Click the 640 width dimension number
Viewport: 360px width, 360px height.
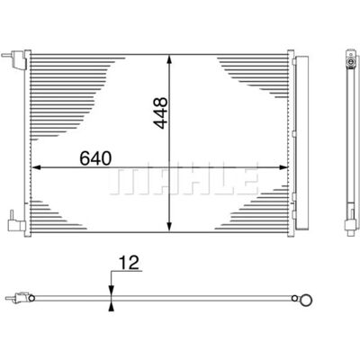pyautogui.click(x=95, y=158)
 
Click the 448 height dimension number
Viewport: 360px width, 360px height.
pyautogui.click(x=160, y=113)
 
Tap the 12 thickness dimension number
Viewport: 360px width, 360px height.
pyautogui.click(x=130, y=263)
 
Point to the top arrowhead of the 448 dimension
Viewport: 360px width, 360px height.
pyautogui.click(x=169, y=59)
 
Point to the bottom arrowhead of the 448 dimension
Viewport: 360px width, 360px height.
pyautogui.click(x=169, y=227)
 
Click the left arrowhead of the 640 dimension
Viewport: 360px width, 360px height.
pyautogui.click(x=36, y=167)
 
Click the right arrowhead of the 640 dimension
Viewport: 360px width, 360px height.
pyautogui.click(x=283, y=167)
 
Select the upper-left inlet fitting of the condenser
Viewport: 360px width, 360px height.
pyautogui.click(x=14, y=59)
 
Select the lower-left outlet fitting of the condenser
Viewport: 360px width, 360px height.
pyautogui.click(x=16, y=222)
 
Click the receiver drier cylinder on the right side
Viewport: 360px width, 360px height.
pyautogui.click(x=301, y=143)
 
